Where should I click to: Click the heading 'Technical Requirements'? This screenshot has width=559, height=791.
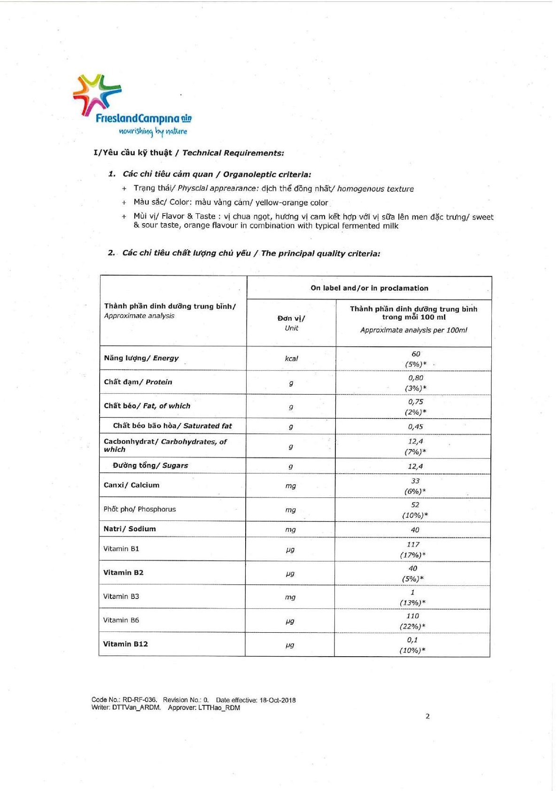[233, 153]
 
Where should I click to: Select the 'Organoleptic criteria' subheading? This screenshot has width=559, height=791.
[267, 175]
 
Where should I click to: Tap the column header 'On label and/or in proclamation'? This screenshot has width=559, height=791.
[369, 288]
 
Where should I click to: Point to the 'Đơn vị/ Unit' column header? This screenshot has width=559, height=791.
[291, 323]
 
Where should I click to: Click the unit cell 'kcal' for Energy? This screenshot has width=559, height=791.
[291, 359]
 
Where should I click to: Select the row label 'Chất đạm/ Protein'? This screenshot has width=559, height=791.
[138, 382]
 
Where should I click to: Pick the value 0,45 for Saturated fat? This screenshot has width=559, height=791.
[415, 427]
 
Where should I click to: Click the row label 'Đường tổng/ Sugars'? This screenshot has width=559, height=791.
[150, 465]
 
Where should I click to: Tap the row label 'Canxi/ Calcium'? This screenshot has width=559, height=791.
[132, 485]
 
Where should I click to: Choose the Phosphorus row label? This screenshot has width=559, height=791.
[140, 509]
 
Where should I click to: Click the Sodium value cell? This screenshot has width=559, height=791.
[415, 530]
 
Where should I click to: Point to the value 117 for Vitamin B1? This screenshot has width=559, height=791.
[413, 544]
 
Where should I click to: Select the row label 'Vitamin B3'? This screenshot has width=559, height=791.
[121, 597]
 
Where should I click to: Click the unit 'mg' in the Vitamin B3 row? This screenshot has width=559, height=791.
[290, 597]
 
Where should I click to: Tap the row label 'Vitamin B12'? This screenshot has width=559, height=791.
[125, 644]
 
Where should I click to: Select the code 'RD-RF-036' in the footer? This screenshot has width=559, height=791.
[140, 700]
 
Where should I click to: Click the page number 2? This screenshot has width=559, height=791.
[427, 716]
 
